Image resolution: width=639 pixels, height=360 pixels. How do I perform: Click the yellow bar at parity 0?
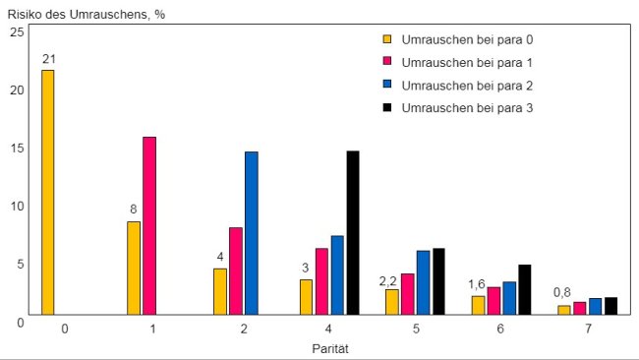click(x=47, y=192)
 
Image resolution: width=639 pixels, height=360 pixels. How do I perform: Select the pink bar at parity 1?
click(x=149, y=225)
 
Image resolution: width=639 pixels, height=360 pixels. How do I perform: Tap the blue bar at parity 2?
click(x=251, y=233)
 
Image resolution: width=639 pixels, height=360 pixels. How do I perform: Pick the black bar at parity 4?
click(x=353, y=233)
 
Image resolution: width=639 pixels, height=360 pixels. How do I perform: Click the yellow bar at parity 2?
click(x=220, y=291)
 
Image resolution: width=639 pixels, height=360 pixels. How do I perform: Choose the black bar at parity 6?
click(x=525, y=289)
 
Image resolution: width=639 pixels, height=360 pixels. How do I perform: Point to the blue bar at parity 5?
click(x=423, y=282)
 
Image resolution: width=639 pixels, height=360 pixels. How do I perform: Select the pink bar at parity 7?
click(x=580, y=308)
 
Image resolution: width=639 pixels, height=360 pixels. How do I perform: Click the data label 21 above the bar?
click(x=47, y=60)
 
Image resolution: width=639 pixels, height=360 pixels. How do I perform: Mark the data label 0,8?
click(x=562, y=292)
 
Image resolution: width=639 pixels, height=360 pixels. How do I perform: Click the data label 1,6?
click(x=477, y=284)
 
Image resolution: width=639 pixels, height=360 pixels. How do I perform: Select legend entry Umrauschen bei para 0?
click(x=457, y=40)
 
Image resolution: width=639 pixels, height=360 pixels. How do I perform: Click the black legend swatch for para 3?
click(x=387, y=108)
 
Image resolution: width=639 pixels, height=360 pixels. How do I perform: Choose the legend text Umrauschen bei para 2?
click(x=467, y=86)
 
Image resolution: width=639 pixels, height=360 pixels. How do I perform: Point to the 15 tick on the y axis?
click(x=16, y=148)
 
